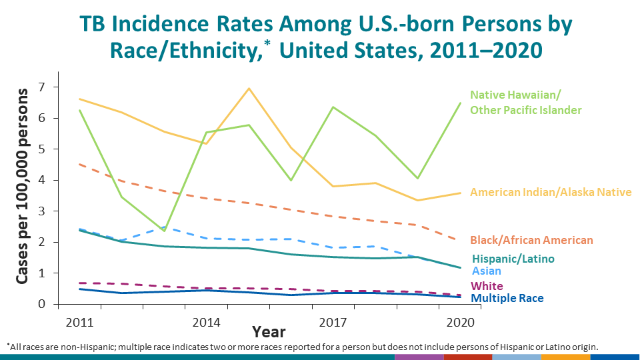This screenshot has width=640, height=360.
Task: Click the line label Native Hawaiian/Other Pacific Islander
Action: pyautogui.click(x=525, y=102)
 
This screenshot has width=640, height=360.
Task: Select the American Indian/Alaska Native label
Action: pyautogui.click(x=551, y=192)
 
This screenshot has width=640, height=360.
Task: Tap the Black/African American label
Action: pyautogui.click(x=531, y=240)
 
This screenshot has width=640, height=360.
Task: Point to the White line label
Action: pyautogui.click(x=487, y=286)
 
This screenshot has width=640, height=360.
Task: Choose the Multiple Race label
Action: pyautogui.click(x=507, y=299)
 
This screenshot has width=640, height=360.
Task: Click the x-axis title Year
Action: pyautogui.click(x=269, y=331)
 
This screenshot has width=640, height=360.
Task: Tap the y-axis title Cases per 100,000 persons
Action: pyautogui.click(x=22, y=186)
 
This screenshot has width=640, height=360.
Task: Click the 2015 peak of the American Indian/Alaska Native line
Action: pyautogui.click(x=249, y=89)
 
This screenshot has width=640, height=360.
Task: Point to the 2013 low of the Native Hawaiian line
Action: pyautogui.click(x=164, y=231)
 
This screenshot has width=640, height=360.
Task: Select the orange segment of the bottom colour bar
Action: pyautogui.click(x=565, y=357)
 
